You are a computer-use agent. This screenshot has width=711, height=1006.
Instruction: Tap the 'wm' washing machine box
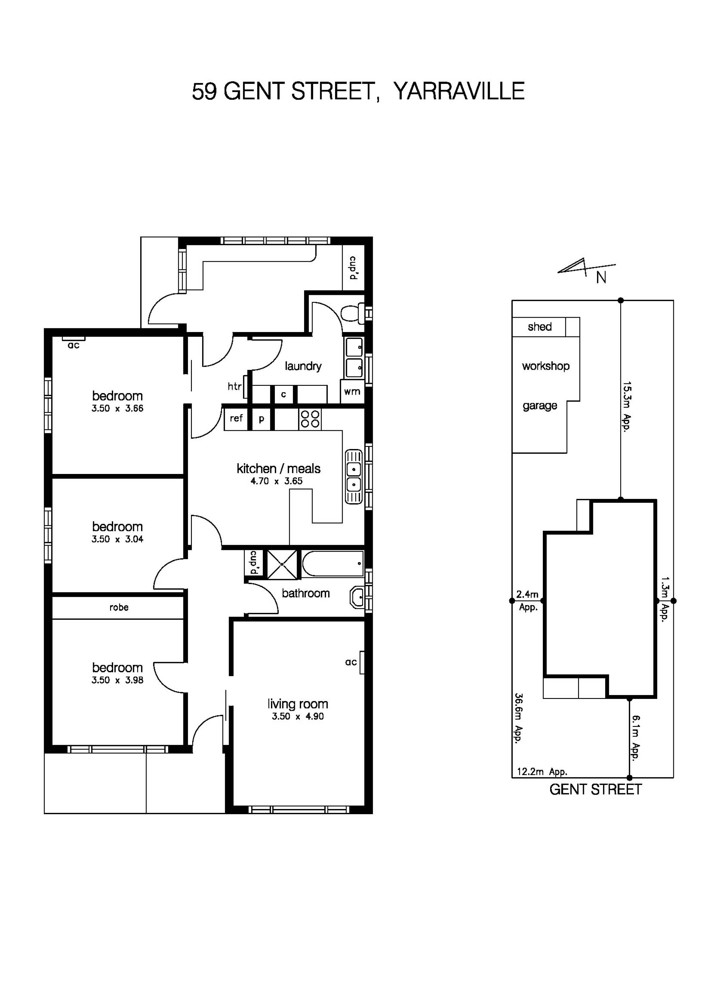click(x=352, y=392)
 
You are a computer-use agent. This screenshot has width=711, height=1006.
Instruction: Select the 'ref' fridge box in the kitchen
click(x=236, y=418)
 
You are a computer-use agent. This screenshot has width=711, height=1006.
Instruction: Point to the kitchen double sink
click(x=353, y=477)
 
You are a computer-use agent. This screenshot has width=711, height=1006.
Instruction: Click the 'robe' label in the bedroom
click(x=119, y=607)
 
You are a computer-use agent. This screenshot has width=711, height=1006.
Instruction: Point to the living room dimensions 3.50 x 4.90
click(x=298, y=717)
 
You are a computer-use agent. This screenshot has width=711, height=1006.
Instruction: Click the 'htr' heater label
click(x=234, y=386)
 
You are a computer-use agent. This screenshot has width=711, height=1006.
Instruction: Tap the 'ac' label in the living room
click(x=351, y=662)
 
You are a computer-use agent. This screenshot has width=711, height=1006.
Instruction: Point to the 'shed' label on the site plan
click(x=539, y=327)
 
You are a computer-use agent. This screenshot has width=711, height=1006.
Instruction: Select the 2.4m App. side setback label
click(x=527, y=600)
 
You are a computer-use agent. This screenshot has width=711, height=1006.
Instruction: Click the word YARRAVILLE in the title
click(x=459, y=92)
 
